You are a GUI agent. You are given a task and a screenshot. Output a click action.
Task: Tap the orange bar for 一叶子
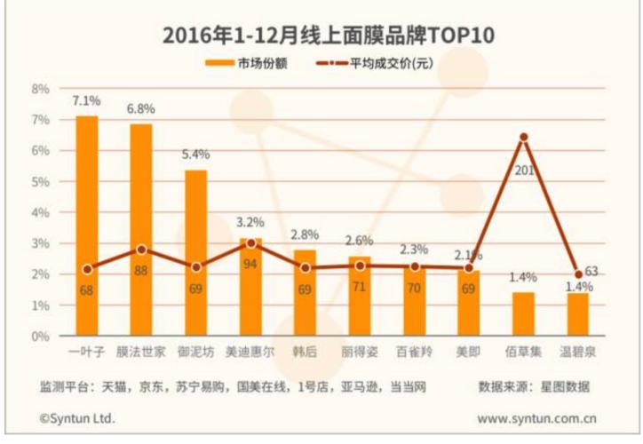pos(87,226)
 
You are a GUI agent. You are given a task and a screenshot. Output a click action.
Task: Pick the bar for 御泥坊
pos(195,253)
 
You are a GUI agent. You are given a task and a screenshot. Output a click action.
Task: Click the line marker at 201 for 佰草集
pos(524,138)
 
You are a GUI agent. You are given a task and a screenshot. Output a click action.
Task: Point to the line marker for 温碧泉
pos(578,274)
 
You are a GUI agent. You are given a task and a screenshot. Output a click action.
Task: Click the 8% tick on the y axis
pos(40,89)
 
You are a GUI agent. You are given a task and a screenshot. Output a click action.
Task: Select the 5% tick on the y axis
pos(40,181)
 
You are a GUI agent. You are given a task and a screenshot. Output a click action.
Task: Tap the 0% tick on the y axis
pos(40,336)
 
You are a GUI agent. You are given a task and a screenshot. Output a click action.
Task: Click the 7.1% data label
pos(87,100)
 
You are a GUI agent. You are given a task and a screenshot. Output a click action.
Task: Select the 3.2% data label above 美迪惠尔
pos(250,222)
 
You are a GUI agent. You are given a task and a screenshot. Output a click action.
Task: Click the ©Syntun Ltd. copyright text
pos(77,416)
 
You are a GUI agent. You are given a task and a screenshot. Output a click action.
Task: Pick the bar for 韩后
pos(305,293)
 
